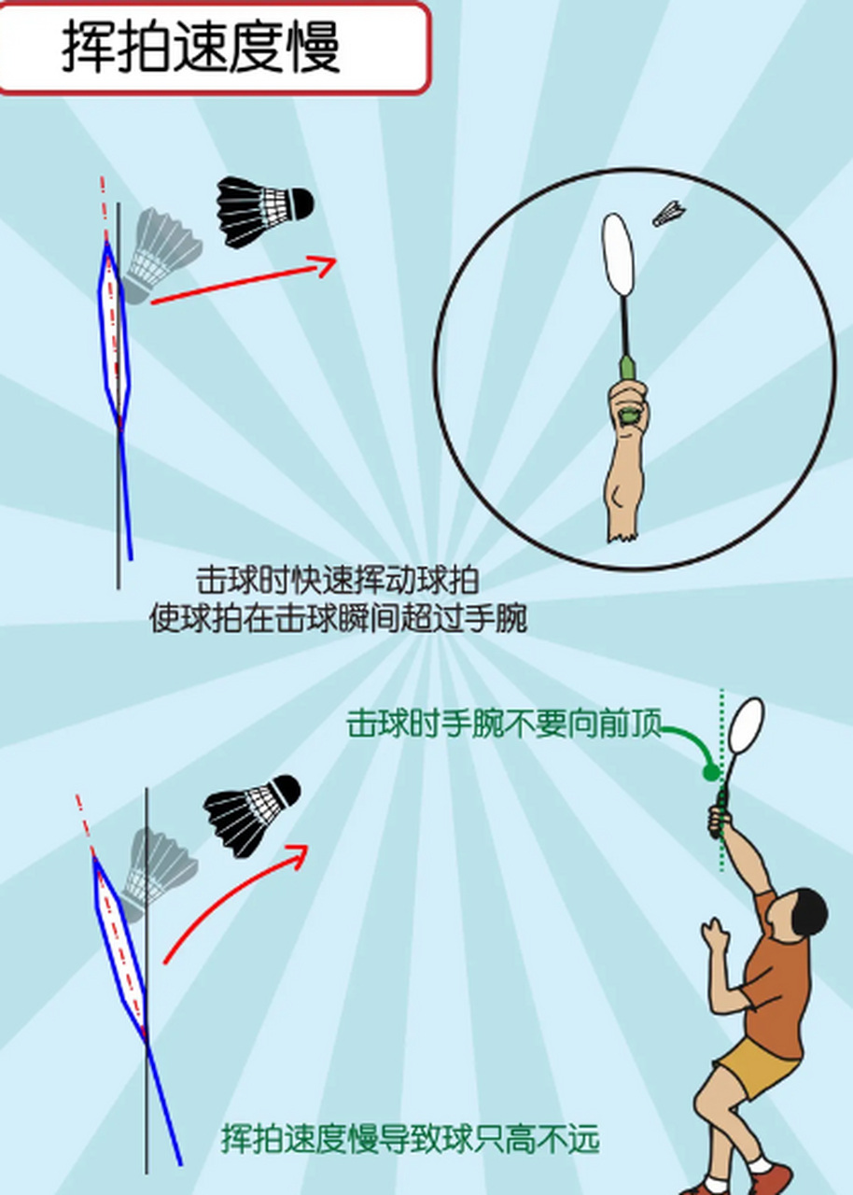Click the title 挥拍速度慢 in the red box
tap(201, 47)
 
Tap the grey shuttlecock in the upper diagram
tap(160, 252)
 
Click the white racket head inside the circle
tap(619, 255)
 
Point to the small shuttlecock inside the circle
tap(668, 214)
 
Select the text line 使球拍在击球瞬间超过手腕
tap(338, 618)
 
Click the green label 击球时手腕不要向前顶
tap(504, 724)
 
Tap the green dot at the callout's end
tap(711, 772)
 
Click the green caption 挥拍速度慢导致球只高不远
tap(410, 1140)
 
